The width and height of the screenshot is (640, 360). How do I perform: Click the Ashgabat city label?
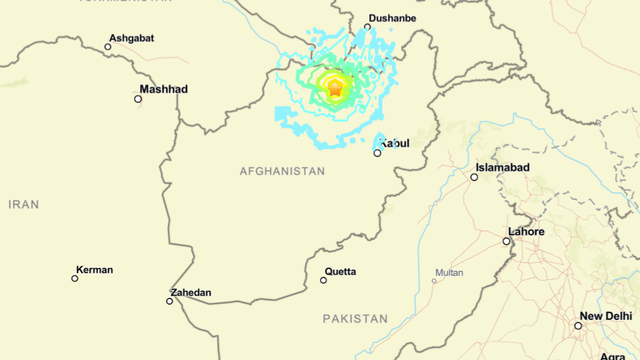pos(132,38)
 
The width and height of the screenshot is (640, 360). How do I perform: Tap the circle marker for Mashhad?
pos(138,98)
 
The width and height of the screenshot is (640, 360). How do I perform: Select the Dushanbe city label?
pos(391,18)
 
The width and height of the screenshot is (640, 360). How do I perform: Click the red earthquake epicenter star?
pos(336,89)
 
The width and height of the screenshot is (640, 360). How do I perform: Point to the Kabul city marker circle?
pos(377,153)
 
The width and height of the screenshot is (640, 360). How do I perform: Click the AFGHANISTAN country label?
pos(282,171)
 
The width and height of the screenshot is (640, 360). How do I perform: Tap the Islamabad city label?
pos(502,167)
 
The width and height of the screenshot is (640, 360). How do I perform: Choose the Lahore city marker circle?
pos(507,241)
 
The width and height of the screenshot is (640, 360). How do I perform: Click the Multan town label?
pos(449,272)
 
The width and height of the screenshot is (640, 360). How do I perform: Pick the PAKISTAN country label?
pos(355,318)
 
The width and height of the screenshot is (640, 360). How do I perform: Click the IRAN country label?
pos(23,204)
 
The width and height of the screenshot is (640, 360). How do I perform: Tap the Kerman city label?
pos(95,270)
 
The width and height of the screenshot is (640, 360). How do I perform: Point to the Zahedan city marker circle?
pos(170,301)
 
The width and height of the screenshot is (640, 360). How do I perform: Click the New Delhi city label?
pos(606,316)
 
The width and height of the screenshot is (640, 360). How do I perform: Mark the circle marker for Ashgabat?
pos(108,46)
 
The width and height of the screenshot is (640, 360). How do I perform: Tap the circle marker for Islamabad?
pos(474,177)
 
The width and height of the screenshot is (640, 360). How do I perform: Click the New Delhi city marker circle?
pos(578,326)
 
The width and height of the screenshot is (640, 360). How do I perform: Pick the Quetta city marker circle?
pos(323,280)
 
